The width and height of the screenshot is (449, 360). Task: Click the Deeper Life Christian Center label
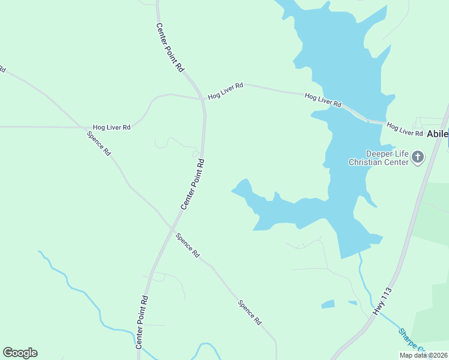pos(378,158)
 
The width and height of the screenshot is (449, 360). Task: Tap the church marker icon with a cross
pos(418,158)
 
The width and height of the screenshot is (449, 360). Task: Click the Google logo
pos(20,353)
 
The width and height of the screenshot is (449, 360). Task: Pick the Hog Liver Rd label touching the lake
pos(323,100)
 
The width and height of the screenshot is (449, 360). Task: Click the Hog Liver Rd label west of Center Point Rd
pos(112,127)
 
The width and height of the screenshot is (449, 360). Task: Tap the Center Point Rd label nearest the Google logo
pos(142,322)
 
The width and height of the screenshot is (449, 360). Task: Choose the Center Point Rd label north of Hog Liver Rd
pos(170,48)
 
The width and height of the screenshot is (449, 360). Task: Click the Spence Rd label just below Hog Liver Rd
pos(99,142)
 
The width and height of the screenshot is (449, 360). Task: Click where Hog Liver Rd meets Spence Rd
pos(83,127)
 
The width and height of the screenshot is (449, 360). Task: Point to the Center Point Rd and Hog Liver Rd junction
pos(202,100)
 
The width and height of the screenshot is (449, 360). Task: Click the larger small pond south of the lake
pos(328,304)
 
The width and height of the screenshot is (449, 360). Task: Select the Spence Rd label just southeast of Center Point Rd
pos(187,245)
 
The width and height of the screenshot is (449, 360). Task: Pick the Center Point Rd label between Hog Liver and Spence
pos(193,184)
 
